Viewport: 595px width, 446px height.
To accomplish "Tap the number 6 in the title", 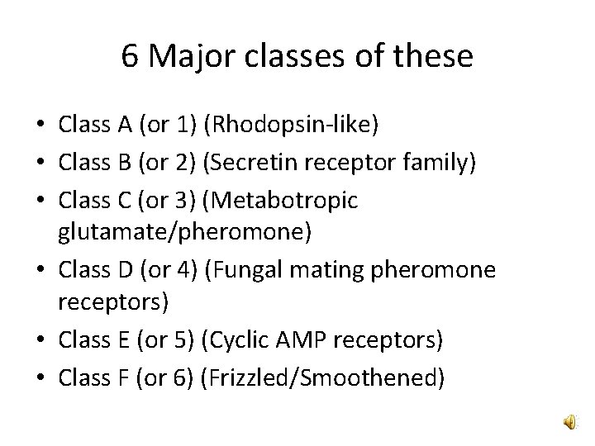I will point(129,57).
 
